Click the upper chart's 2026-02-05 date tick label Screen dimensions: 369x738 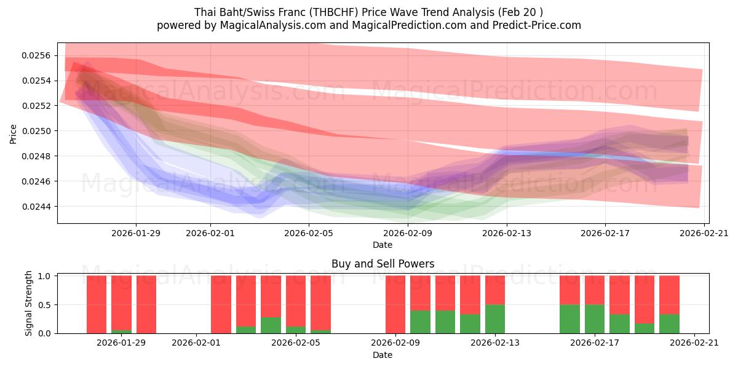tap(309, 233)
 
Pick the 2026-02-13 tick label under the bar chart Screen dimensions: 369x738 tap(494, 343)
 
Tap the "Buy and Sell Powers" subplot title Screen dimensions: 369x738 tap(383, 264)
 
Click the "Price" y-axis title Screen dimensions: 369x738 tap(14, 133)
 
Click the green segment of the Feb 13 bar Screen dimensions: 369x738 tap(495, 319)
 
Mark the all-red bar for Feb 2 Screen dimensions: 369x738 tap(221, 304)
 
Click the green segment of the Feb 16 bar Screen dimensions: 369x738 tap(569, 319)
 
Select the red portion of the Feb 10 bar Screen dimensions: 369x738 tap(420, 293)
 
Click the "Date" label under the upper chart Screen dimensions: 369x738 tap(383, 245)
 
